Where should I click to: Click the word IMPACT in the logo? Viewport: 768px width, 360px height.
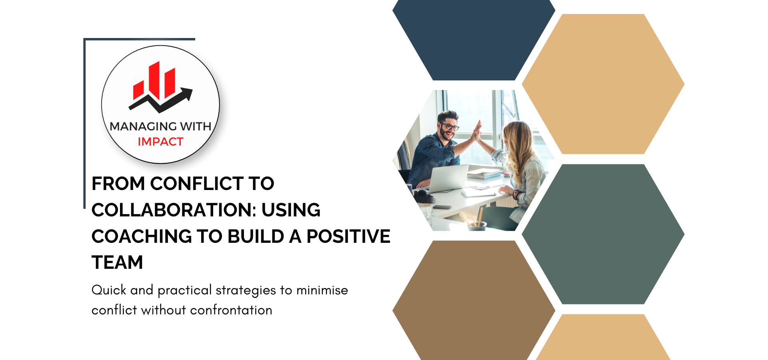(160, 142)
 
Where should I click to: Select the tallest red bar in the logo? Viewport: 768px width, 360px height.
(154, 80)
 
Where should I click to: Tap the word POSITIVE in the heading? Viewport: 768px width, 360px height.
(348, 236)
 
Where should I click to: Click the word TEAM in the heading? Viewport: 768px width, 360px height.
(117, 263)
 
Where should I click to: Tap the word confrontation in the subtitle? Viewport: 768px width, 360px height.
(231, 310)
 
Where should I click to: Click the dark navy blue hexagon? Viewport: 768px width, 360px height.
(474, 40)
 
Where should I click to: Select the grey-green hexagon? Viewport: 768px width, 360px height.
(603, 234)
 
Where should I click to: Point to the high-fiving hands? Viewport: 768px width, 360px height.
(477, 131)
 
